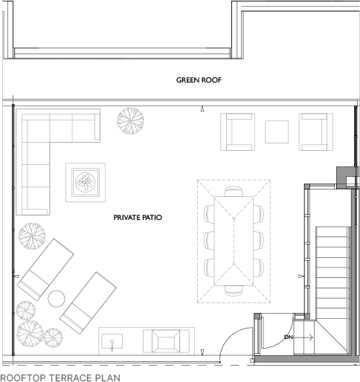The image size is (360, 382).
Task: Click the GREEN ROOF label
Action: coord(199,80)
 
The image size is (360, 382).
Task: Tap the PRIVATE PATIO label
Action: coord(138,218)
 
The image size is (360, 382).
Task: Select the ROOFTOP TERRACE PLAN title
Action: coord(60,378)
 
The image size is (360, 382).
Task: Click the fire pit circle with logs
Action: coord(86,182)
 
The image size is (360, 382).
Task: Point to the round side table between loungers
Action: coord(57,299)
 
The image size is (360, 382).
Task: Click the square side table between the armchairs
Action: coord(277,132)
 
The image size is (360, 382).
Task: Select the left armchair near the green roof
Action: coord(238,132)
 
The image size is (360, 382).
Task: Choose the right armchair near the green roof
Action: coord(316,132)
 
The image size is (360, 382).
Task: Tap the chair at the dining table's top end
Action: coord(234,192)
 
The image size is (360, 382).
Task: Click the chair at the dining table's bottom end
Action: coord(234,291)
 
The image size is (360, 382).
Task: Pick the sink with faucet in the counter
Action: coord(112,342)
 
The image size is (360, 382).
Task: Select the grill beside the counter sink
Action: coord(166,341)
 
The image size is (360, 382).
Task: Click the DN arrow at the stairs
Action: coord(299,337)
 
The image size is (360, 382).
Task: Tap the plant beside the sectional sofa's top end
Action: coord(131,121)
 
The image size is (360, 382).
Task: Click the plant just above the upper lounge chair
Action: coord(32,236)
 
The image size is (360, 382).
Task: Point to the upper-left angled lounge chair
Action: coord(45,270)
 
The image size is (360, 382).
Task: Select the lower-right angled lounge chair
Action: coord(88,303)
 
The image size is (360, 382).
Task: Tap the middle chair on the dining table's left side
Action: coord(209,240)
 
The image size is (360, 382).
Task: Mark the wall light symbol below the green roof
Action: coord(202,109)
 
